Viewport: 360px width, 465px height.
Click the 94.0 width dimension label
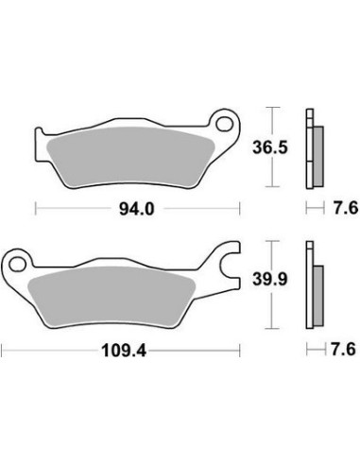pyautogui.click(x=137, y=207)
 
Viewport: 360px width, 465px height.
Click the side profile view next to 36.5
pyautogui.click(x=312, y=149)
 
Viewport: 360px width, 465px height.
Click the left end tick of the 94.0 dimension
pyautogui.click(x=36, y=207)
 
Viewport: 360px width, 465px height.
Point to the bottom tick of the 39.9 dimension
pyautogui.click(x=274, y=327)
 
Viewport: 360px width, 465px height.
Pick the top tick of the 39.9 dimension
pyautogui.click(x=274, y=242)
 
